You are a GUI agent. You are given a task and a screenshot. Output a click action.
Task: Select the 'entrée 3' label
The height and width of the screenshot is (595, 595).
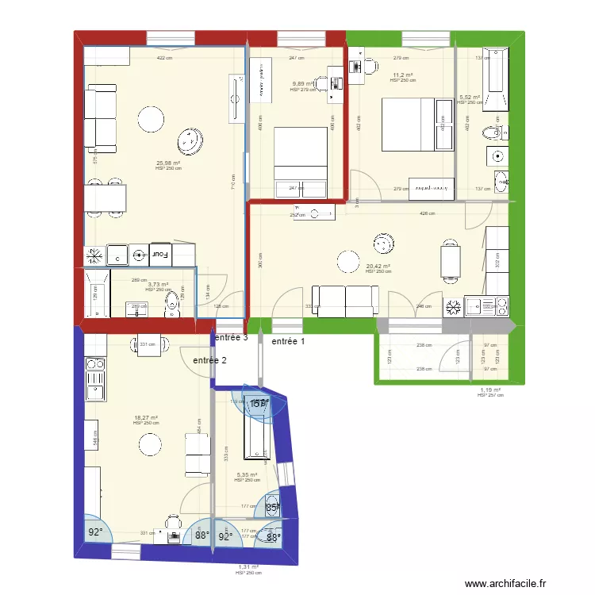(230, 337)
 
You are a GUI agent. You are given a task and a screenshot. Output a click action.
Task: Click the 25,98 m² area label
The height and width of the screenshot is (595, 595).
(168, 163)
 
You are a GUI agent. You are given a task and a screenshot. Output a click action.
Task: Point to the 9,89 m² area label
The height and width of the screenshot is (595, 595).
(303, 84)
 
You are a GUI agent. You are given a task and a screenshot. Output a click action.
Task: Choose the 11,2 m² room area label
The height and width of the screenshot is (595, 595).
(402, 75)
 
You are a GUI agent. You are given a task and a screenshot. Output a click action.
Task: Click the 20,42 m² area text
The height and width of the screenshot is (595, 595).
(378, 267)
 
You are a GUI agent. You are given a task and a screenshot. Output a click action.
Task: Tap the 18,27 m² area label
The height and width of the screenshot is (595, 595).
(146, 418)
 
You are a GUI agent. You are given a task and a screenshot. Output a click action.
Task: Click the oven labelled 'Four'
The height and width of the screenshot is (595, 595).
(160, 255)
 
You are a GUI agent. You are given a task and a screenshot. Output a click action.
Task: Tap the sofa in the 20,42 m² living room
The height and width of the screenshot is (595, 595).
(345, 297)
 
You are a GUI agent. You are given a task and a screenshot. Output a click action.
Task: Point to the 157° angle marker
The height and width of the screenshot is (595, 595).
(257, 405)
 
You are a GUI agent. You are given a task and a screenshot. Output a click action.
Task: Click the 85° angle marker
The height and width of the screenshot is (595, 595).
(272, 508)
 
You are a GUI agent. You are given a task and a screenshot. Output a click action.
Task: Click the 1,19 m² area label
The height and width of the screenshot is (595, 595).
(491, 390)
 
